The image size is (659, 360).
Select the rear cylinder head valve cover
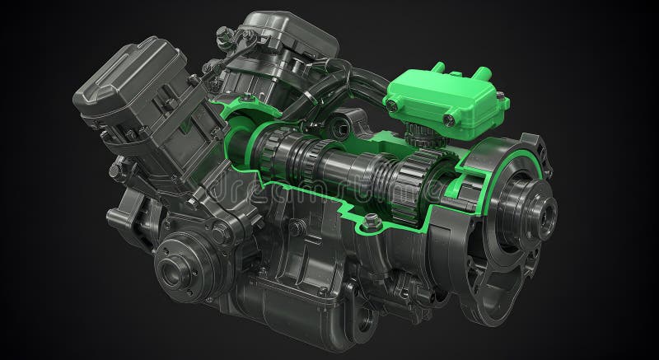click(x=284, y=37)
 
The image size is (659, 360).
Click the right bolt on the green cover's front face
click(x=450, y=119)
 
